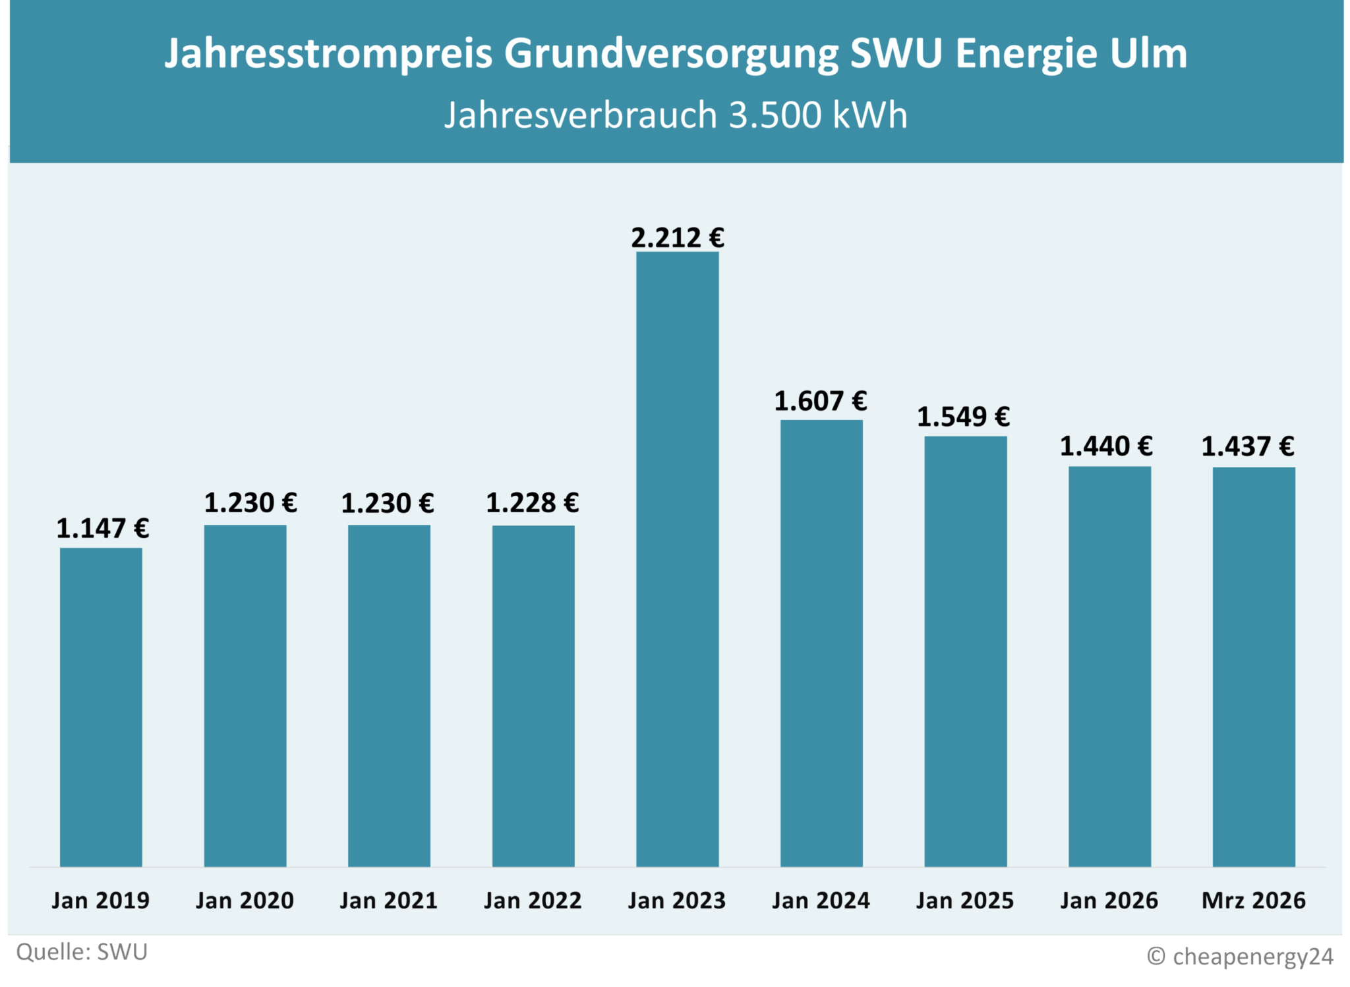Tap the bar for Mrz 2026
point(1254,667)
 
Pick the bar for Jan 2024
point(821,643)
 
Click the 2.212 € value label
point(677,238)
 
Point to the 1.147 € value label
point(102,529)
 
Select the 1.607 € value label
point(820,402)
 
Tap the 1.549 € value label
point(963,417)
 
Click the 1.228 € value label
point(532,504)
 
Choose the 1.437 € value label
point(1247,447)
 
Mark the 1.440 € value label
point(1105,447)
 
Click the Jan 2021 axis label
point(388,901)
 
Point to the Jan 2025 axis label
point(964,901)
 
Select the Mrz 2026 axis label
point(1253,901)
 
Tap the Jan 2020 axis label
point(245,901)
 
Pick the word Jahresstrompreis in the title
point(328,53)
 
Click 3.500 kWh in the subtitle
point(818,115)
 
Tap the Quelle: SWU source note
point(82,953)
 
